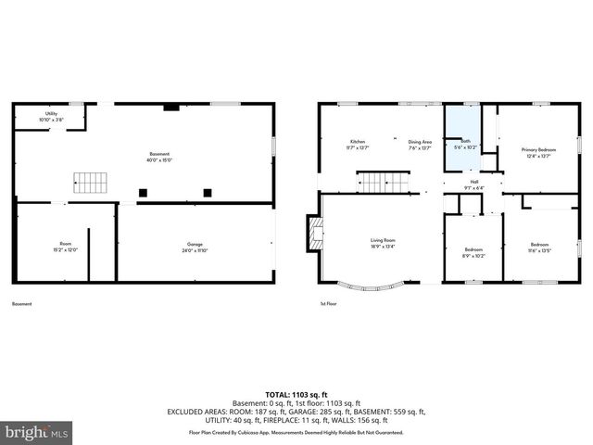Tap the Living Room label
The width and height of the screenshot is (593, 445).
click(383, 243)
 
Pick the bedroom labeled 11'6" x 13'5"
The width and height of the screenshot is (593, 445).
click(539, 248)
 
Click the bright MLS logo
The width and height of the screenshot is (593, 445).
click(37, 431)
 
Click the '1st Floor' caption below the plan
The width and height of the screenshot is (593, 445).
click(328, 304)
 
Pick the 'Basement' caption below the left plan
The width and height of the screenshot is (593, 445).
click(22, 304)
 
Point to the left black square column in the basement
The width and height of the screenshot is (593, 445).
click(143, 193)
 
